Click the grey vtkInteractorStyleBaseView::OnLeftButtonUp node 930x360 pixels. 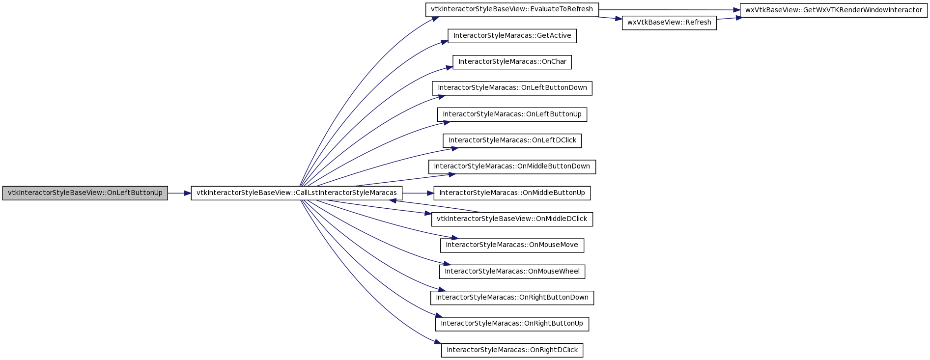pyautogui.click(x=85, y=193)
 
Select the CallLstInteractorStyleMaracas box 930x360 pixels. pyautogui.click(x=297, y=193)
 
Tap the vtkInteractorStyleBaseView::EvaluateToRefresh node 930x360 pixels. pyautogui.click(x=512, y=10)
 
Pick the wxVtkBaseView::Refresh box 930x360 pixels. pyautogui.click(x=669, y=23)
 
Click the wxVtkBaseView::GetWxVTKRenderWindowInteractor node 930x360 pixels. pyautogui.click(x=834, y=10)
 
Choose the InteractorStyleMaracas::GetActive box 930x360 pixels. pyautogui.click(x=512, y=36)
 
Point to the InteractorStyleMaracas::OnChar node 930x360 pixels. pyautogui.click(x=512, y=62)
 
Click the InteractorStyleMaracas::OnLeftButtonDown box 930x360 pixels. pyautogui.click(x=512, y=88)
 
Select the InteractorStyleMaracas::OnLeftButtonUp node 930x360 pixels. pyautogui.click(x=512, y=114)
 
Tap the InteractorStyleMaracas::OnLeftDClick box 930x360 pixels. pyautogui.click(x=512, y=140)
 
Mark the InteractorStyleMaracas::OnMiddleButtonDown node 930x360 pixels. pyautogui.click(x=512, y=167)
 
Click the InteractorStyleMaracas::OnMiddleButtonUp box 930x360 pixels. pyautogui.click(x=512, y=193)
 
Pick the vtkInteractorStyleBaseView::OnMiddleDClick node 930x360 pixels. pyautogui.click(x=512, y=219)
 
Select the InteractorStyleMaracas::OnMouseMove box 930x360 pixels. pyautogui.click(x=512, y=246)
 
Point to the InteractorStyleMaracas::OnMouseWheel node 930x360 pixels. pyautogui.click(x=512, y=272)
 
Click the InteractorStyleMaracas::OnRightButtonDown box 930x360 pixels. pyautogui.click(x=512, y=298)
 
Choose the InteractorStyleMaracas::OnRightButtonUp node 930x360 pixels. pyautogui.click(x=512, y=324)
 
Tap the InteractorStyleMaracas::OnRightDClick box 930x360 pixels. pyautogui.click(x=512, y=350)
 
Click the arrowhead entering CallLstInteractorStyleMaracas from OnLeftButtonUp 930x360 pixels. pyautogui.click(x=188, y=194)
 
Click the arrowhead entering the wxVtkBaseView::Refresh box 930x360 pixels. pyautogui.click(x=619, y=19)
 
